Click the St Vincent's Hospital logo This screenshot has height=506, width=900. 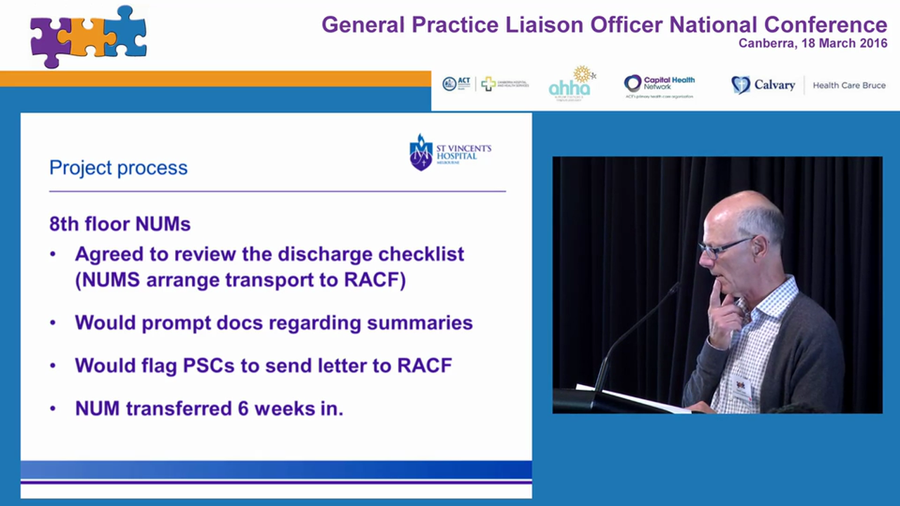coord(450,153)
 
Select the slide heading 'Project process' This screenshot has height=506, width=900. coord(118,168)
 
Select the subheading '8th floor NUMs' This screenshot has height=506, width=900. coord(120,224)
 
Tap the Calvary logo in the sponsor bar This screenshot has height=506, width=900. coord(764,85)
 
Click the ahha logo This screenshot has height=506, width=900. coord(572,84)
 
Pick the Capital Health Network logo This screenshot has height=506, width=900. coord(659,85)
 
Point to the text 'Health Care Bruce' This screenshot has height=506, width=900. coord(849,86)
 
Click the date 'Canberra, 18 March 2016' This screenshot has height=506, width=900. coord(812,44)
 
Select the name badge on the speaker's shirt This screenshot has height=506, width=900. coord(740,387)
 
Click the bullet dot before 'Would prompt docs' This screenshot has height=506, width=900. coord(53,323)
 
